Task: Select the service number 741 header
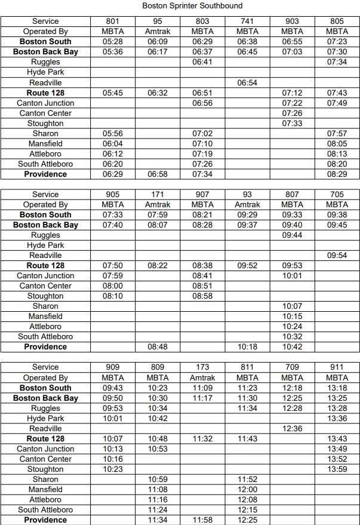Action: click(x=247, y=22)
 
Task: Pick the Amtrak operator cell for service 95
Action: click(x=157, y=32)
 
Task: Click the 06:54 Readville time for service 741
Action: click(x=247, y=82)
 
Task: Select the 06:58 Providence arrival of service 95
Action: click(x=157, y=174)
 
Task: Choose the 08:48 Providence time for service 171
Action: click(x=157, y=347)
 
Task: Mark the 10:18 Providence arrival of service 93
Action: click(x=247, y=347)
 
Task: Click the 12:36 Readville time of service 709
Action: click(x=292, y=429)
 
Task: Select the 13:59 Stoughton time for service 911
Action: click(x=337, y=469)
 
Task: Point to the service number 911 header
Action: click(x=337, y=367)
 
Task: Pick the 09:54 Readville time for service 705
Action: click(x=337, y=256)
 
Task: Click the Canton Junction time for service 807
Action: click(x=292, y=276)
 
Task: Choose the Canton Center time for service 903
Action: click(x=292, y=113)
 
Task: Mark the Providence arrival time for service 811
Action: click(x=247, y=520)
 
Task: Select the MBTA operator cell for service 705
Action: click(x=337, y=205)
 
